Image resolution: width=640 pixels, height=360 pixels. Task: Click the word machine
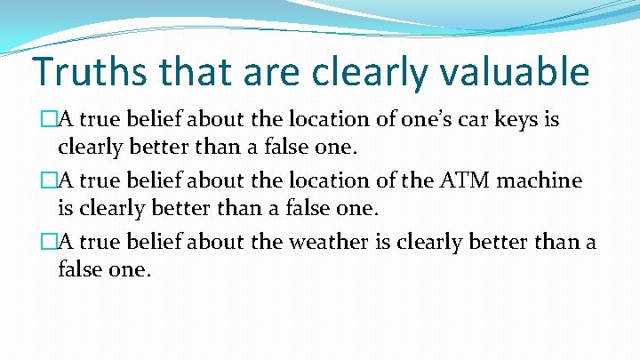(x=541, y=181)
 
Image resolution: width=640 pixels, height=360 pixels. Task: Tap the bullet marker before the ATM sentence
(x=36, y=181)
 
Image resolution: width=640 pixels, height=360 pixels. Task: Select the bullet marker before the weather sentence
(x=36, y=243)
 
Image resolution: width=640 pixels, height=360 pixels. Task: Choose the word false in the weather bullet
(x=81, y=269)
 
